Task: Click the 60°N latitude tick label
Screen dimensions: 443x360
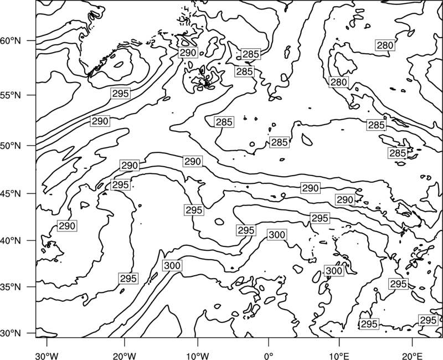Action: pos(11,41)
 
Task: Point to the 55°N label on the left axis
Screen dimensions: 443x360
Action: pos(11,95)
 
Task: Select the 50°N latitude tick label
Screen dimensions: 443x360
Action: pos(11,146)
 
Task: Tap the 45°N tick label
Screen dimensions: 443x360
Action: pos(11,194)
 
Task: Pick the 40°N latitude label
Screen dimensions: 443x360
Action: pos(11,241)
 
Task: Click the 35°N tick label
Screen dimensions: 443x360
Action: pos(11,287)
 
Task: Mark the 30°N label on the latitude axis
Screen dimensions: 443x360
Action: pos(11,333)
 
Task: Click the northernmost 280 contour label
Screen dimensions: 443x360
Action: pos(385,45)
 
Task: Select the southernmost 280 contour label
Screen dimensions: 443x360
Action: pos(339,82)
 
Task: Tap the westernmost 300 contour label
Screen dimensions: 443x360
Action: pos(172,266)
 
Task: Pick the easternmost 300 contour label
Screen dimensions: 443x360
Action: pos(334,271)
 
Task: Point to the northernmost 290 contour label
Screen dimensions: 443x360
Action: pos(188,53)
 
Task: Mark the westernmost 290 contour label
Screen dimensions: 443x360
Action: pos(67,226)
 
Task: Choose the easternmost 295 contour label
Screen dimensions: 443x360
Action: pos(428,320)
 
